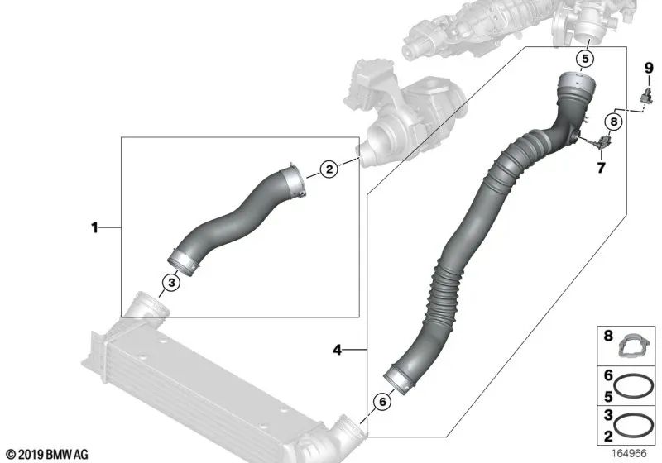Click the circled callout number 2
tap(329, 170)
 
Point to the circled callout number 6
tap(381, 402)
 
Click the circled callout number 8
tap(612, 122)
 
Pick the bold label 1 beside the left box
tap(95, 227)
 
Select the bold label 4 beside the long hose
tap(337, 351)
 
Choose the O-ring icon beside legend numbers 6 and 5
tap(636, 385)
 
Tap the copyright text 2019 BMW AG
tap(46, 454)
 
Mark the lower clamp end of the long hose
tap(400, 381)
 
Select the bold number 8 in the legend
tap(608, 337)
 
